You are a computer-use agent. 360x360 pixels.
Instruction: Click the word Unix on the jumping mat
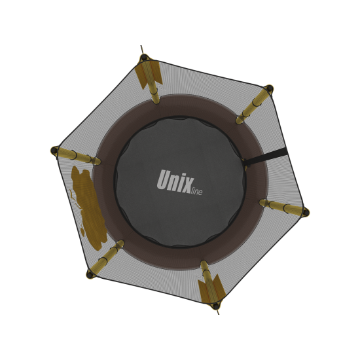175,181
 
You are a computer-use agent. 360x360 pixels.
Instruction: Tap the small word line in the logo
197,191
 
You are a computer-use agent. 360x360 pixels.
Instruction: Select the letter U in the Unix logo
164,179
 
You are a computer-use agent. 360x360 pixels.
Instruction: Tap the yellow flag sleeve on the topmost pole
149,73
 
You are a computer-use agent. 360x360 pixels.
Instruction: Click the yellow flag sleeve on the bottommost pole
210,289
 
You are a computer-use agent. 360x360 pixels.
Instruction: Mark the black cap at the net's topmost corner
144,57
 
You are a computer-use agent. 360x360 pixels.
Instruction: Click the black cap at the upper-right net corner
269,88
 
